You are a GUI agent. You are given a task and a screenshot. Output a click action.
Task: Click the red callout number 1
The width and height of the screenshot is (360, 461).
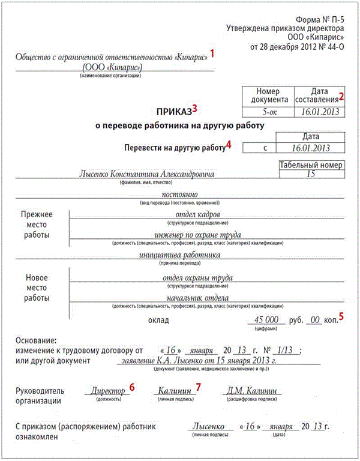pyautogui.click(x=211, y=53)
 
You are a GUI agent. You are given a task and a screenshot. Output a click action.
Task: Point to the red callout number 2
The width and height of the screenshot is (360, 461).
pyautogui.click(x=342, y=96)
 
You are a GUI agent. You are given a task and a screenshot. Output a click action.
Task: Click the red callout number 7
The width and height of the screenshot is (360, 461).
pyautogui.click(x=199, y=387)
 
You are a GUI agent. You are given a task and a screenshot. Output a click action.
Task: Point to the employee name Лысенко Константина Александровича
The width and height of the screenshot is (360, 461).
pyautogui.click(x=146, y=173)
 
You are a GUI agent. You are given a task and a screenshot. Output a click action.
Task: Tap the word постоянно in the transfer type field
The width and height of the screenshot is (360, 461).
pyautogui.click(x=180, y=194)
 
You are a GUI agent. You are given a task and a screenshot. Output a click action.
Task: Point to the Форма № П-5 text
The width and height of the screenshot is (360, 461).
pyautogui.click(x=320, y=19)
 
